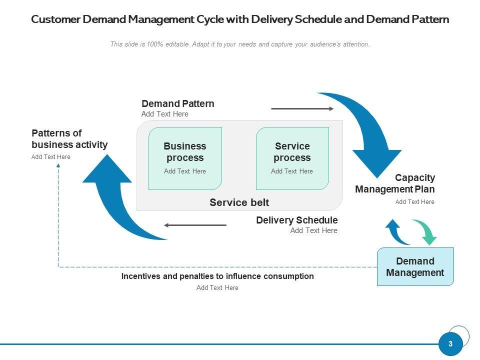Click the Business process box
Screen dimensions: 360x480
point(185,158)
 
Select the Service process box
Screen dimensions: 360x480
point(292,158)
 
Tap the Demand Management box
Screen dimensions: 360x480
point(415,266)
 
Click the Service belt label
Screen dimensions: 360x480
point(239,202)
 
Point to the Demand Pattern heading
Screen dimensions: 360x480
point(177,103)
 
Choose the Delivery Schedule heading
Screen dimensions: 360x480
point(296,220)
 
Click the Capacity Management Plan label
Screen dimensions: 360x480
point(395,183)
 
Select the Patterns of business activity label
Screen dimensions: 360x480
point(69,139)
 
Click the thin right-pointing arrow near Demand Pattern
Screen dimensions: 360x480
point(302,108)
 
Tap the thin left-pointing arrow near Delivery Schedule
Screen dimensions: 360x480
point(195,225)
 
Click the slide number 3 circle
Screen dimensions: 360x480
point(450,344)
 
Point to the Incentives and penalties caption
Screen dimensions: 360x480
point(217,276)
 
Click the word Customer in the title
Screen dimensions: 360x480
point(54,19)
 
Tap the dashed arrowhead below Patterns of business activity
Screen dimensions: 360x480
point(58,166)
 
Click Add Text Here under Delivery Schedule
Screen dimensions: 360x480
point(313,230)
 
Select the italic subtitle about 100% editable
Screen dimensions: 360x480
point(240,44)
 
